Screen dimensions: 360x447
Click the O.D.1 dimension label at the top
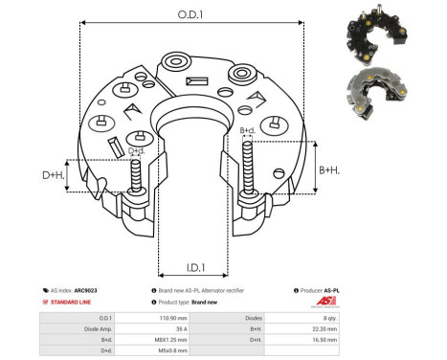[188, 15]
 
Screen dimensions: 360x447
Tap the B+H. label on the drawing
[328, 169]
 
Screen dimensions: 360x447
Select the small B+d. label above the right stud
[246, 130]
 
